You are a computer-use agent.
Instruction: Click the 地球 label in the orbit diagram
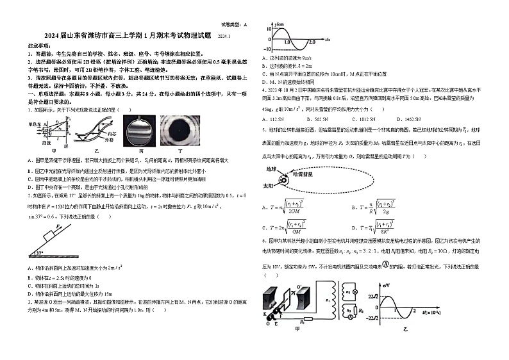pos(271,170)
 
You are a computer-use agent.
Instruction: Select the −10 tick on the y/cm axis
pos(267,49)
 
